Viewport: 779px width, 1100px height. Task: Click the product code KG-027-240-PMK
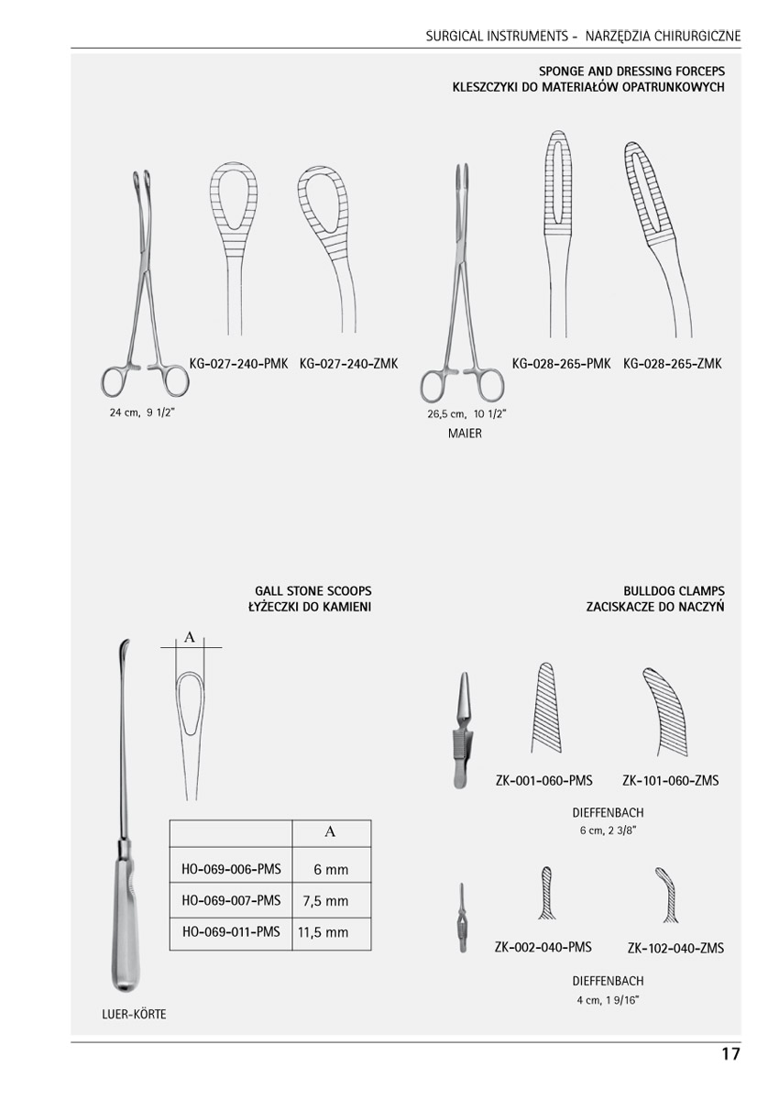pos(238,363)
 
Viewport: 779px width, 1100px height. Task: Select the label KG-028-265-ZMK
pos(673,363)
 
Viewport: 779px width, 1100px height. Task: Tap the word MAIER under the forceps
pos(465,434)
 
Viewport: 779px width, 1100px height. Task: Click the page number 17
pos(730,1054)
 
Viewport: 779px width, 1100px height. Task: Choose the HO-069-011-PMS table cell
pos(231,932)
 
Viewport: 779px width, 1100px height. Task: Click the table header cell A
pos(331,832)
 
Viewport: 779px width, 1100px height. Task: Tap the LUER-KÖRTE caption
pos(134,1015)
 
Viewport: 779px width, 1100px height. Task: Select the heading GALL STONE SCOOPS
pos(313,591)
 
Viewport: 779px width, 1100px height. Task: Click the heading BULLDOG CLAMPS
pos(675,591)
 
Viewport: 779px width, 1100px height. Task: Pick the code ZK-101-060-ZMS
pos(670,781)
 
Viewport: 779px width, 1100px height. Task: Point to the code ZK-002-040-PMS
pos(543,947)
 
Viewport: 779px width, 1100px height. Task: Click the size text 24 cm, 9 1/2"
pos(142,412)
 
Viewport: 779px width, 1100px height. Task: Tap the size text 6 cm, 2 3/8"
pos(608,830)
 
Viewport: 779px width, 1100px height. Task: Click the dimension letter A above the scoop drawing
pos(190,637)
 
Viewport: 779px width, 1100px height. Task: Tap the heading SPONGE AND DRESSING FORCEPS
pos(631,71)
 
